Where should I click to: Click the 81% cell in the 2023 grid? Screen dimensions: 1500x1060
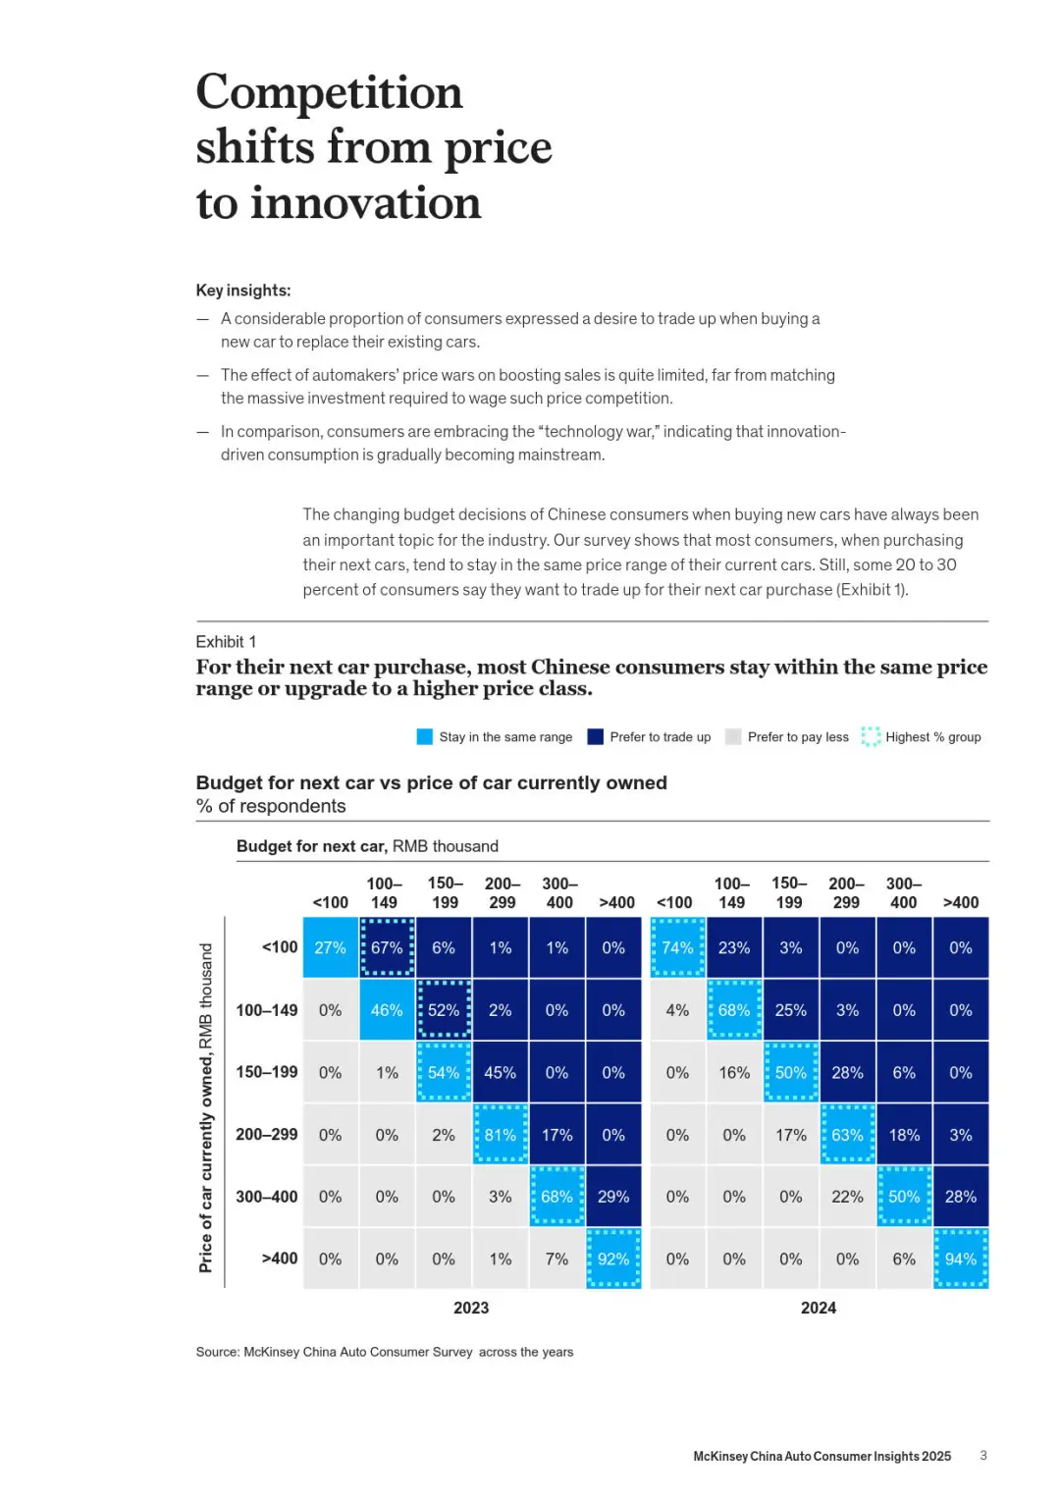(x=501, y=1135)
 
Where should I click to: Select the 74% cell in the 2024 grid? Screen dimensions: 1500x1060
(x=677, y=947)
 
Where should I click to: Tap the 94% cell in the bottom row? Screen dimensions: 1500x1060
(x=961, y=1259)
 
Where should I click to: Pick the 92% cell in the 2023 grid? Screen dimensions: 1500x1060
(x=613, y=1259)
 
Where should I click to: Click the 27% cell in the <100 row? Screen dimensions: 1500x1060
(x=330, y=947)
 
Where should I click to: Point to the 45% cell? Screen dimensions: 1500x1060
(x=501, y=1072)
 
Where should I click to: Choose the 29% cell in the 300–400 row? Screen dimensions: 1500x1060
(x=613, y=1197)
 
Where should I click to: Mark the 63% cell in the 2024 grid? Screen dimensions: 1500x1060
(x=847, y=1135)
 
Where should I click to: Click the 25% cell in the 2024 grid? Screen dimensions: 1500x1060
(x=791, y=1010)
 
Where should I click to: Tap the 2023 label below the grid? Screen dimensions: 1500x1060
(x=471, y=1308)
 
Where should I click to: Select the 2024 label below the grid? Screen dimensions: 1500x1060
(x=819, y=1308)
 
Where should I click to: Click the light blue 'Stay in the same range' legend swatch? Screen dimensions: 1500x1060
(x=425, y=737)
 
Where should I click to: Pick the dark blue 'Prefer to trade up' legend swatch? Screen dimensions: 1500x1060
(x=595, y=737)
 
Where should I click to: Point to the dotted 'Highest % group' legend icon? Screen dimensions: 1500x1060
(x=871, y=737)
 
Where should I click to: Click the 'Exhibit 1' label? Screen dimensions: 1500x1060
(x=226, y=642)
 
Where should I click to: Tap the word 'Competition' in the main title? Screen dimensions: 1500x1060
(x=329, y=92)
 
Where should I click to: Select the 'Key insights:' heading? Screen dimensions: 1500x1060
(x=243, y=291)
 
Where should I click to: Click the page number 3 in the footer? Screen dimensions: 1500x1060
(x=983, y=1456)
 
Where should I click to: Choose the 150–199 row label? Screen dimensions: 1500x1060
(x=266, y=1072)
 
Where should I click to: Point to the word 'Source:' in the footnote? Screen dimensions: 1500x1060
(x=217, y=1352)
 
